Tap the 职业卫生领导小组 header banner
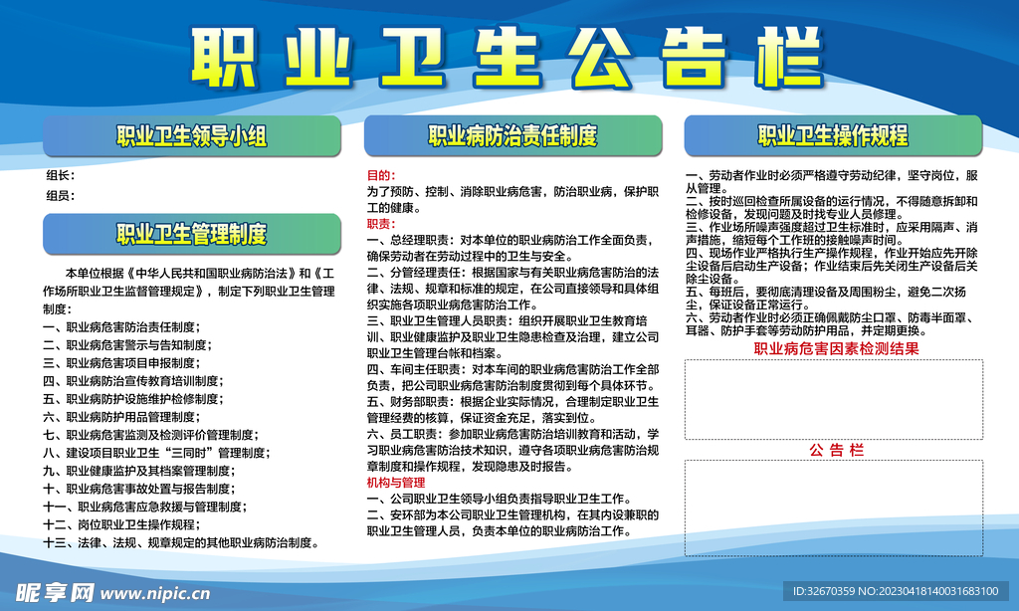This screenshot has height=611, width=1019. (x=191, y=136)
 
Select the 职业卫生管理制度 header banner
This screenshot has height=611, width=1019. (x=191, y=234)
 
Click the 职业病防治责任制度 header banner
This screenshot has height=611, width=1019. (x=512, y=135)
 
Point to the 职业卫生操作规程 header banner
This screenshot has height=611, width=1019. (x=833, y=135)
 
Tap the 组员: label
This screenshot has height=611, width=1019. (x=60, y=196)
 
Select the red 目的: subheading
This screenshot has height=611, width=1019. (x=381, y=175)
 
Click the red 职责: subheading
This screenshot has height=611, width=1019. (x=381, y=224)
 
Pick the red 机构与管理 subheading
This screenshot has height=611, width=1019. (x=395, y=483)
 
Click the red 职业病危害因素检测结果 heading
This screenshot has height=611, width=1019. (x=835, y=349)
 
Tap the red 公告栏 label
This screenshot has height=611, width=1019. (x=835, y=451)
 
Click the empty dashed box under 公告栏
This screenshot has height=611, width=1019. (x=834, y=508)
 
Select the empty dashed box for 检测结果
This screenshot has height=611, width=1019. (x=834, y=398)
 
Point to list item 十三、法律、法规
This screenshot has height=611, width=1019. (x=181, y=542)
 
